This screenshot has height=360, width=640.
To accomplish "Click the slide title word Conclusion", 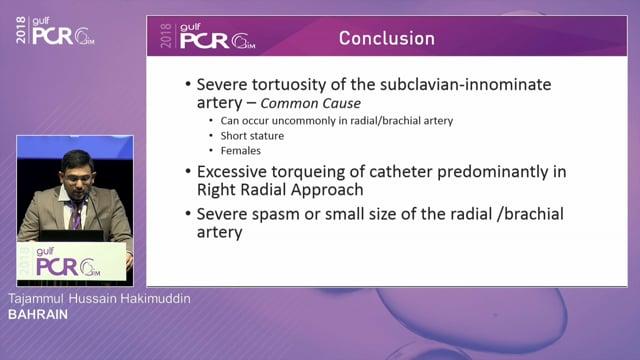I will (x=386, y=39).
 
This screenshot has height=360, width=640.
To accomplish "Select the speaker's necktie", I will (x=76, y=214).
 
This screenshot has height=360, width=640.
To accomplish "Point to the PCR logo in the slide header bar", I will (x=209, y=39).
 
